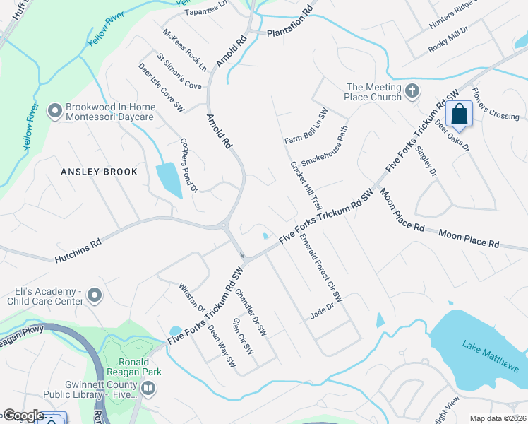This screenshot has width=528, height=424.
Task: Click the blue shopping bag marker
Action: [x=459, y=114]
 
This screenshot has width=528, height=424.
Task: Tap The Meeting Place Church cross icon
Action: [x=412, y=91]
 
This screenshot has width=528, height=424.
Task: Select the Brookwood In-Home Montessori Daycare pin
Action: [x=54, y=111]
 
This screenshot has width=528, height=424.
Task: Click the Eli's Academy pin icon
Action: [x=96, y=295]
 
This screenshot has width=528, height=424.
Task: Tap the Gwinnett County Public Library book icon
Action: [x=148, y=388]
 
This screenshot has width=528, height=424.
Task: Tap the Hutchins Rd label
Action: [x=78, y=250]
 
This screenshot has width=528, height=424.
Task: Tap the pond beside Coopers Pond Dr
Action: [x=169, y=179]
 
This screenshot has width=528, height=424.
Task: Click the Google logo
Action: [x=23, y=416]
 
